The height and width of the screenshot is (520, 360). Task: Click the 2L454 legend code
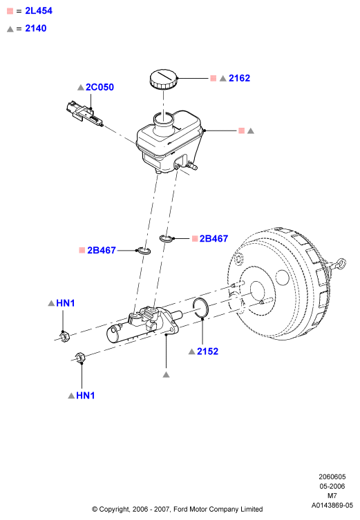tap(39, 11)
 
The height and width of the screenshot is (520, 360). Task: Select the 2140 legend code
tap(36, 28)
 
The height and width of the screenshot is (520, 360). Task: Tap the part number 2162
tap(239, 78)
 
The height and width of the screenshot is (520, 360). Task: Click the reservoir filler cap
tap(163, 79)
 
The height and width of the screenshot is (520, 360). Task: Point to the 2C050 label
tap(100, 87)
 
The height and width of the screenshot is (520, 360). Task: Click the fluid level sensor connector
tap(84, 113)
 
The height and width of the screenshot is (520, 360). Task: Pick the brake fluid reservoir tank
tap(169, 142)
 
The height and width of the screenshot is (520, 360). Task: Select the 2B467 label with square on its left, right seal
tap(214, 238)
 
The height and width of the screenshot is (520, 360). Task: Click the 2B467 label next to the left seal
tap(102, 250)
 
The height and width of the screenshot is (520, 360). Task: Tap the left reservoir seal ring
tap(144, 251)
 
